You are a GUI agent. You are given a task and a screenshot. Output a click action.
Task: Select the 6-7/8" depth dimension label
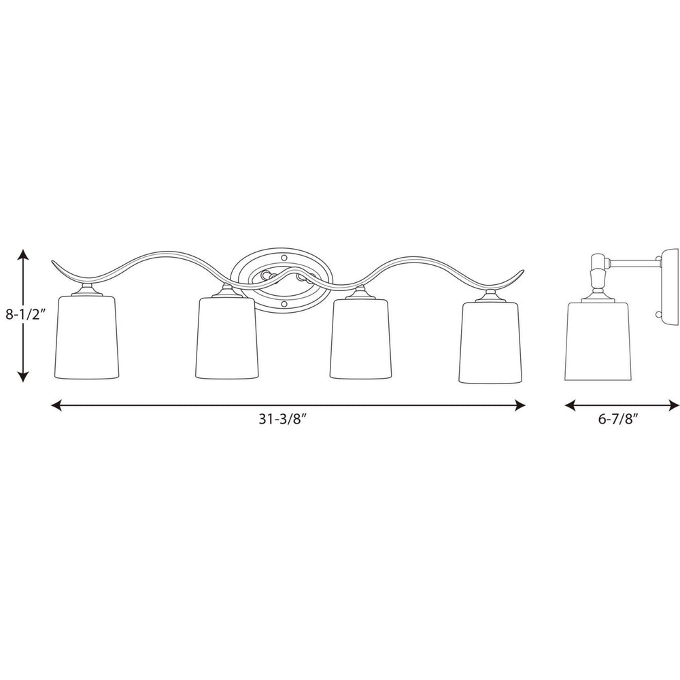pos(618,420)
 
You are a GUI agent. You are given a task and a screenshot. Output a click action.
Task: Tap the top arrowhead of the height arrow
pos(23,254)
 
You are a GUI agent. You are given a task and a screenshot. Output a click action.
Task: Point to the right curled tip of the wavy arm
pos(521,272)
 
